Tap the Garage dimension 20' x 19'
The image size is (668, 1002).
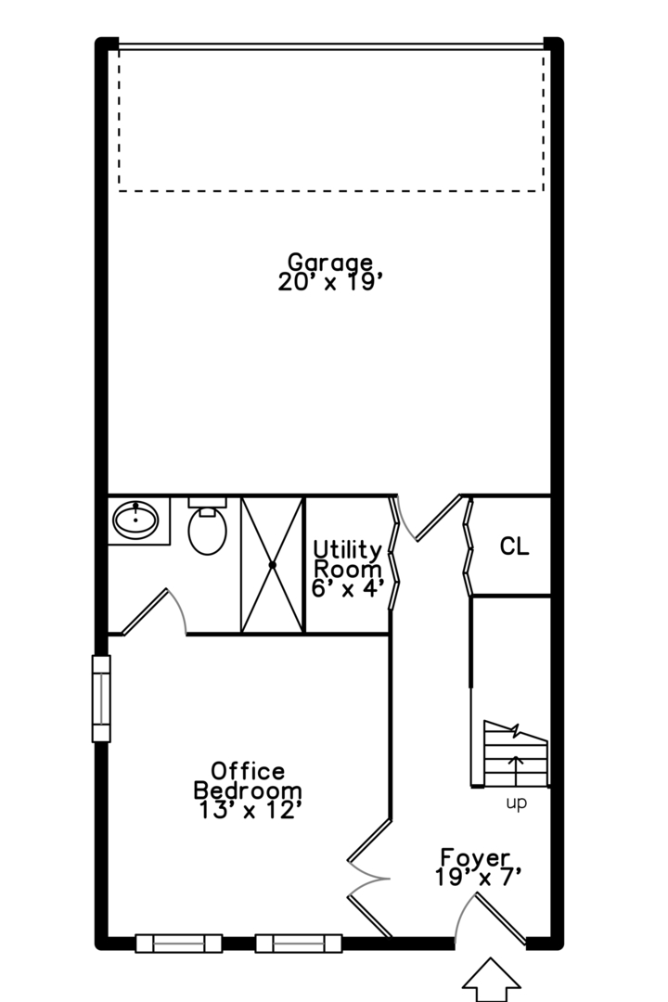click(329, 283)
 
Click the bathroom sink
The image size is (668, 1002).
click(135, 519)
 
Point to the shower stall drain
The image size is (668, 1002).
click(273, 564)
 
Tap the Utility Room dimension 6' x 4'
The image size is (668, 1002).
click(348, 588)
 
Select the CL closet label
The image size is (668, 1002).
click(514, 546)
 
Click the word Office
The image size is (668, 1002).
click(248, 771)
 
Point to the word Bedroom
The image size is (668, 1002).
click(248, 790)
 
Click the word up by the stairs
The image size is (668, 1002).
click(516, 803)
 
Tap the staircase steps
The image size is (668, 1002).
click(516, 753)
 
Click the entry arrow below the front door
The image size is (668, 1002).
click(491, 980)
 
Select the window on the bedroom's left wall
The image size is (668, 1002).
click(101, 699)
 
